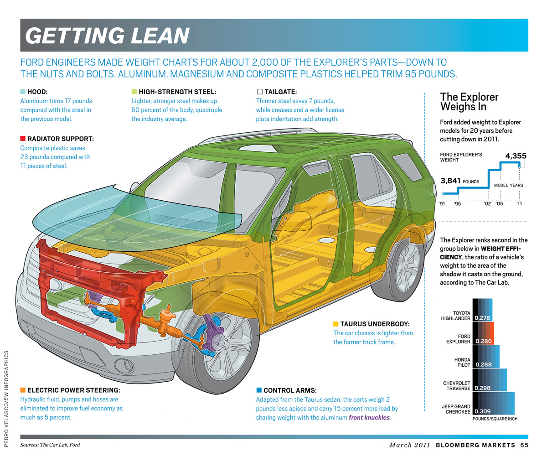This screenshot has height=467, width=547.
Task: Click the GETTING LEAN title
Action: [x=107, y=36]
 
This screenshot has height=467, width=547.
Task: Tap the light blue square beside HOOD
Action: [x=23, y=92]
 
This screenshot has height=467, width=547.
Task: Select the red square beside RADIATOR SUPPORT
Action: [x=23, y=138]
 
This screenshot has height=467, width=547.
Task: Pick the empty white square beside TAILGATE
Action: [x=260, y=92]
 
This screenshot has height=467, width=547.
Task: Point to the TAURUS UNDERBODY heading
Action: [x=375, y=324]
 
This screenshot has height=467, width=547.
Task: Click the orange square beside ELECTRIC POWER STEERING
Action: [x=23, y=390]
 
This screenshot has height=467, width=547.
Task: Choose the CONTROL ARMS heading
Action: [x=290, y=390]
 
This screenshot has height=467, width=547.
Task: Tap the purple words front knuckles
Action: [x=369, y=417]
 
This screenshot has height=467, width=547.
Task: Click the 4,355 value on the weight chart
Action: [x=516, y=156]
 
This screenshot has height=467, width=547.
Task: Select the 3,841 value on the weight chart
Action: [x=451, y=181]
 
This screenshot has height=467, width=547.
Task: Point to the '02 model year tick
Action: [x=487, y=203]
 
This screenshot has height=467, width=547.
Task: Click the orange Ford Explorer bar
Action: [x=483, y=333]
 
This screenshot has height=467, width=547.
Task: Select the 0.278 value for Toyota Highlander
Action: [x=483, y=318]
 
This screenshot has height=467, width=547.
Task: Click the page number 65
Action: [x=524, y=445]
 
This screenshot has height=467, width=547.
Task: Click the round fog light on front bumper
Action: [x=122, y=366]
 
